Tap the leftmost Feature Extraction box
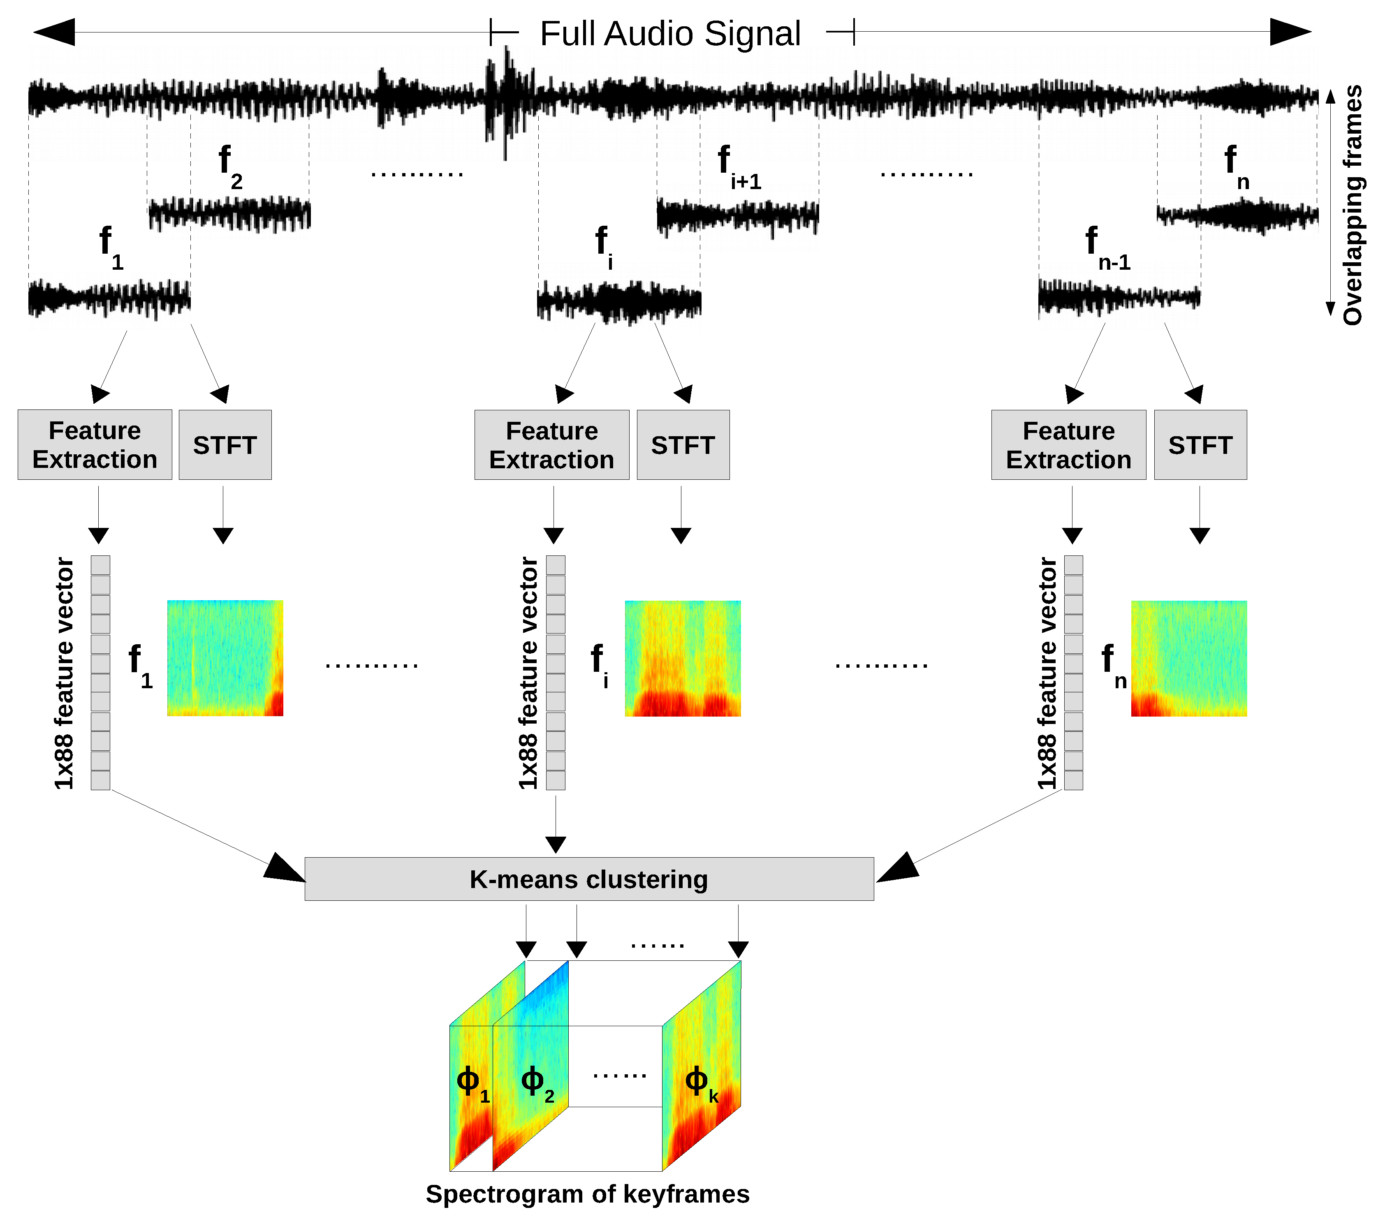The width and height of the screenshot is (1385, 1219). pos(95,444)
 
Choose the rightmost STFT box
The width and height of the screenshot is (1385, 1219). pos(1200,444)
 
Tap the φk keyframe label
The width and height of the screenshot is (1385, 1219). pos(701,1082)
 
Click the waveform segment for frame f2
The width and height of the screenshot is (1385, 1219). pos(229,214)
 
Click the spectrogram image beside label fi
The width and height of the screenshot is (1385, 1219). pos(682,658)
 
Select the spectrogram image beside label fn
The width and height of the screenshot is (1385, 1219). pos(1188,658)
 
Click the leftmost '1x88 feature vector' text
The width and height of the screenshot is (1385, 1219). pos(65,673)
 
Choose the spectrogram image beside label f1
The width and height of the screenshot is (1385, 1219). pos(225,658)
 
